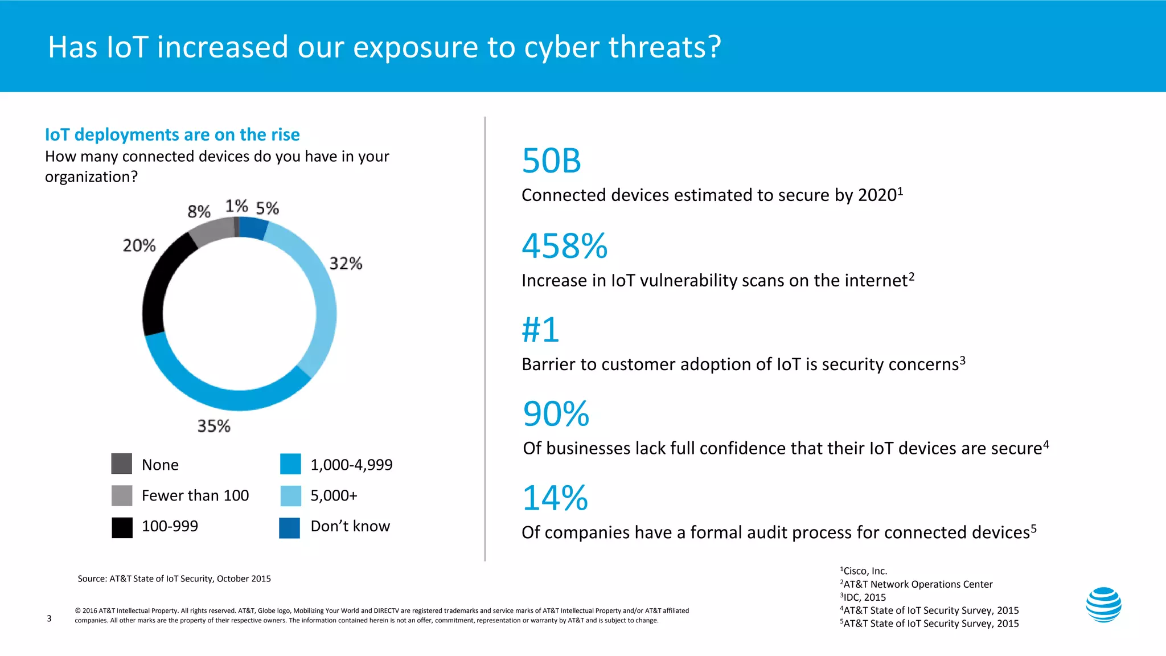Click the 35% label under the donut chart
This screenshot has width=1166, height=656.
[214, 426]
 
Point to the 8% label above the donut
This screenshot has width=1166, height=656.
[199, 212]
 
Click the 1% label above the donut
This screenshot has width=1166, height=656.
[236, 206]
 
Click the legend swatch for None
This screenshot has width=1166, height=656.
[122, 464]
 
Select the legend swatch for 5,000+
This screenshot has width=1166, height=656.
[290, 495]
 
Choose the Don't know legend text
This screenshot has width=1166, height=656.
[350, 526]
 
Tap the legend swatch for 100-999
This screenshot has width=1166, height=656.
[122, 527]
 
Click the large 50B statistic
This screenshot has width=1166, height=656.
[551, 161]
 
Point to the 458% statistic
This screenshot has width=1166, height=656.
[564, 246]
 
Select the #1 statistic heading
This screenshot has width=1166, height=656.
[540, 330]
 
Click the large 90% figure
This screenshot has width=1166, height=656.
[556, 414]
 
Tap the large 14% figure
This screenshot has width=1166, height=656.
[555, 498]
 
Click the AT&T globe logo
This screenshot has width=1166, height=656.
[1103, 605]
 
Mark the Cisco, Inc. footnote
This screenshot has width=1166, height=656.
[864, 571]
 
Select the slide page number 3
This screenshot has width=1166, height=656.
[49, 618]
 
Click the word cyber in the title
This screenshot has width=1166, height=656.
[561, 47]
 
